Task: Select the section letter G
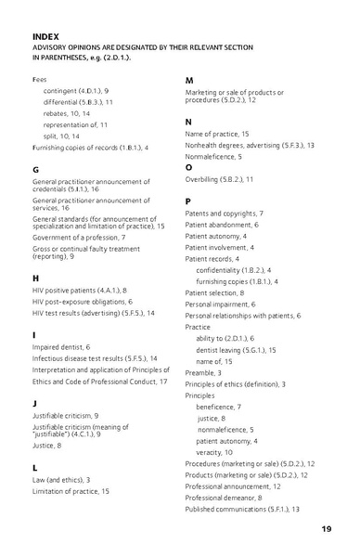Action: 35,170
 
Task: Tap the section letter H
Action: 35,277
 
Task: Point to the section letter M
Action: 189,80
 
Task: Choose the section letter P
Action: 188,201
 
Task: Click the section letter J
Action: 34,403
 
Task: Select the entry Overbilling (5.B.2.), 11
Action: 219,178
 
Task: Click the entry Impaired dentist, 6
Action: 67,345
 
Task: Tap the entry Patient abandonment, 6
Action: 222,225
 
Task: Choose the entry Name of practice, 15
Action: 217,134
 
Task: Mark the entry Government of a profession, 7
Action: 78,237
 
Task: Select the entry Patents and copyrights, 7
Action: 224,214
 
